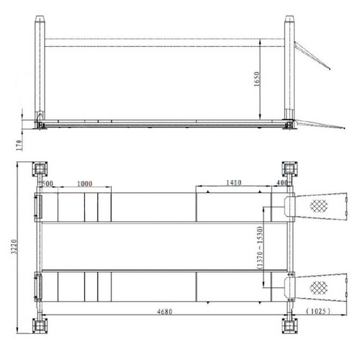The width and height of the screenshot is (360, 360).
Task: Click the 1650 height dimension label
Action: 257,79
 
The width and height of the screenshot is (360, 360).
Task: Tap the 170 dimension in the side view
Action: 19,145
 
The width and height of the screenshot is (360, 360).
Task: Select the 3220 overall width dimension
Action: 14,246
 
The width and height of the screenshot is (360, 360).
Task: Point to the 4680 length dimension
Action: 165,312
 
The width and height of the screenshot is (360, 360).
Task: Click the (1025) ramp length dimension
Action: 318,311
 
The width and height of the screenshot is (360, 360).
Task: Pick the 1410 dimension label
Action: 234,183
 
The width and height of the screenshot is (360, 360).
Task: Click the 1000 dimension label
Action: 84,184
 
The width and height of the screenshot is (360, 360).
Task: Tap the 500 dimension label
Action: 48,184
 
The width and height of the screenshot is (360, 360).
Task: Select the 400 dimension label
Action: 282,183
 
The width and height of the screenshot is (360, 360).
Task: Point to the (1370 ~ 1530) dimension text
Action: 260,247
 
